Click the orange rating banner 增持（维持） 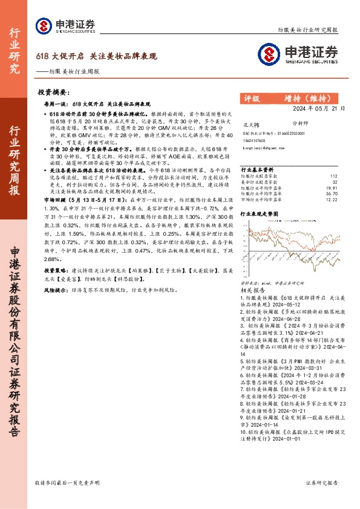(x=312, y=98)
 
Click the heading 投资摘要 (x=54, y=93)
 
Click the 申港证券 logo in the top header (x=65, y=25)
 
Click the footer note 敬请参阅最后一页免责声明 (x=67, y=483)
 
